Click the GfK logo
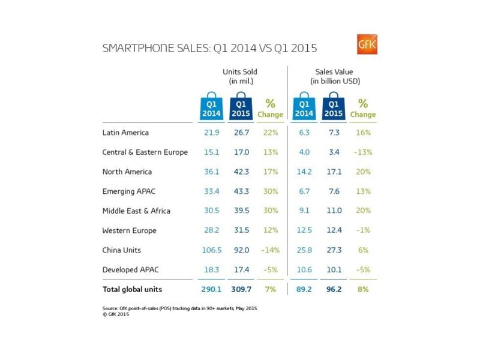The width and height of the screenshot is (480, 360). [x=367, y=44]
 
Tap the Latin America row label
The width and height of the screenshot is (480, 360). [x=125, y=133]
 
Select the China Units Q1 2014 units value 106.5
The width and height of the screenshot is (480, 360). [x=212, y=250]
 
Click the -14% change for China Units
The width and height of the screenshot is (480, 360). [x=271, y=250]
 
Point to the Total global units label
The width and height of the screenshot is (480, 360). [x=132, y=289]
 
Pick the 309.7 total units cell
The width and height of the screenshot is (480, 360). [x=241, y=289]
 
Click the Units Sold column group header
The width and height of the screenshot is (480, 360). [x=240, y=76]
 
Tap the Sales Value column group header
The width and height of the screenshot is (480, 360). [x=335, y=76]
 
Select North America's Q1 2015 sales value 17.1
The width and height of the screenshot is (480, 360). [x=334, y=172]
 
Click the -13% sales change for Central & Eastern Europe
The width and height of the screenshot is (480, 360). [x=363, y=152]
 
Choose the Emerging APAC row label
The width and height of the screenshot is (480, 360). [x=129, y=191]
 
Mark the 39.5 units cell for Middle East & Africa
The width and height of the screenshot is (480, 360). [x=242, y=211]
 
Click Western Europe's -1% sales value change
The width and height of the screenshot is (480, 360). [x=363, y=230]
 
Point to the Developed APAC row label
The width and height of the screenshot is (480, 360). [x=131, y=269]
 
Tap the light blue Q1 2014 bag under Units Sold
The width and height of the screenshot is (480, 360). [x=211, y=106]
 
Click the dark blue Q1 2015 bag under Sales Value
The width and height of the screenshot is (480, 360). [x=334, y=106]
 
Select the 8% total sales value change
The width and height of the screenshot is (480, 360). [x=363, y=289]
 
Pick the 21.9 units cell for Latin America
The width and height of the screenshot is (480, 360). [x=212, y=133]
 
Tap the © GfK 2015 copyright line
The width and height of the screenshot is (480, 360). [x=116, y=314]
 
